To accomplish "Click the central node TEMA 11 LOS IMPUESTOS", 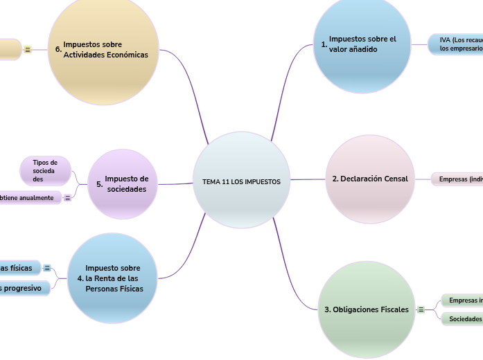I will click(241, 180).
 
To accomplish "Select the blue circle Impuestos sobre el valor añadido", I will click(362, 45).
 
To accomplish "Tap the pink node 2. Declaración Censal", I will click(369, 179).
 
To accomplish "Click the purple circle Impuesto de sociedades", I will click(123, 183).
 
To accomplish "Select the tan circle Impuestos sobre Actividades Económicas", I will click(103, 50).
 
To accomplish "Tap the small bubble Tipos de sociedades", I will click(46, 170).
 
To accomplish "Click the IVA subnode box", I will click(456, 44).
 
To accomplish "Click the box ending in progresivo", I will click(24, 288).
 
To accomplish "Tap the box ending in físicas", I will click(19, 268).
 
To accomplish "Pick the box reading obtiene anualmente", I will click(29, 198).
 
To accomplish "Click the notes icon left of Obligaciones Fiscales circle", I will click(421, 309).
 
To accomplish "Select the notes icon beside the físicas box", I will click(47, 268).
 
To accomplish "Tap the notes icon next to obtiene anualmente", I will click(67, 198).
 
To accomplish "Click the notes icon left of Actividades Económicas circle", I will click(28, 50).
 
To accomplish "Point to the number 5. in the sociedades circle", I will click(100, 185).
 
